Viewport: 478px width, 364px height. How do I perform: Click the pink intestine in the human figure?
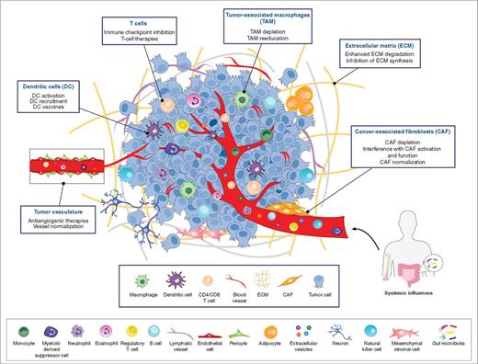coord(430,243)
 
